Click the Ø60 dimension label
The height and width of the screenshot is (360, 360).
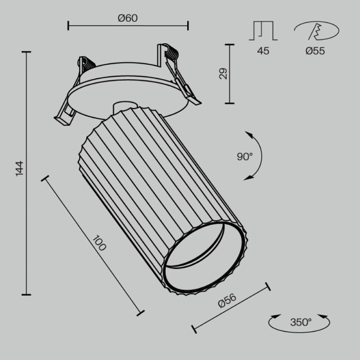[x=128, y=19]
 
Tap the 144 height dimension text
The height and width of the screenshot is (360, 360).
[x=20, y=169]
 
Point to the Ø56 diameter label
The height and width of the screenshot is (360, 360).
[x=227, y=300]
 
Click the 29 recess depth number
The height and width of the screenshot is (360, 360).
[x=223, y=74]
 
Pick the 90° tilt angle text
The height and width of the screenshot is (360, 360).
[x=245, y=157]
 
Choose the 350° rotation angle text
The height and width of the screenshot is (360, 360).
[x=301, y=322]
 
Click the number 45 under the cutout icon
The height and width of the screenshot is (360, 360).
[x=263, y=50]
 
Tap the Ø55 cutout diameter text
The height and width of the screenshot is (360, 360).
[x=315, y=50]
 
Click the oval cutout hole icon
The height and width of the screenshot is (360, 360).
[x=316, y=31]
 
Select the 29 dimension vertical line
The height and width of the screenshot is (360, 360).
[x=229, y=74]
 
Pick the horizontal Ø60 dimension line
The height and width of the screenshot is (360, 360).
[x=128, y=25]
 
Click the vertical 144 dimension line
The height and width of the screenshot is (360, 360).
[x=26, y=173]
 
